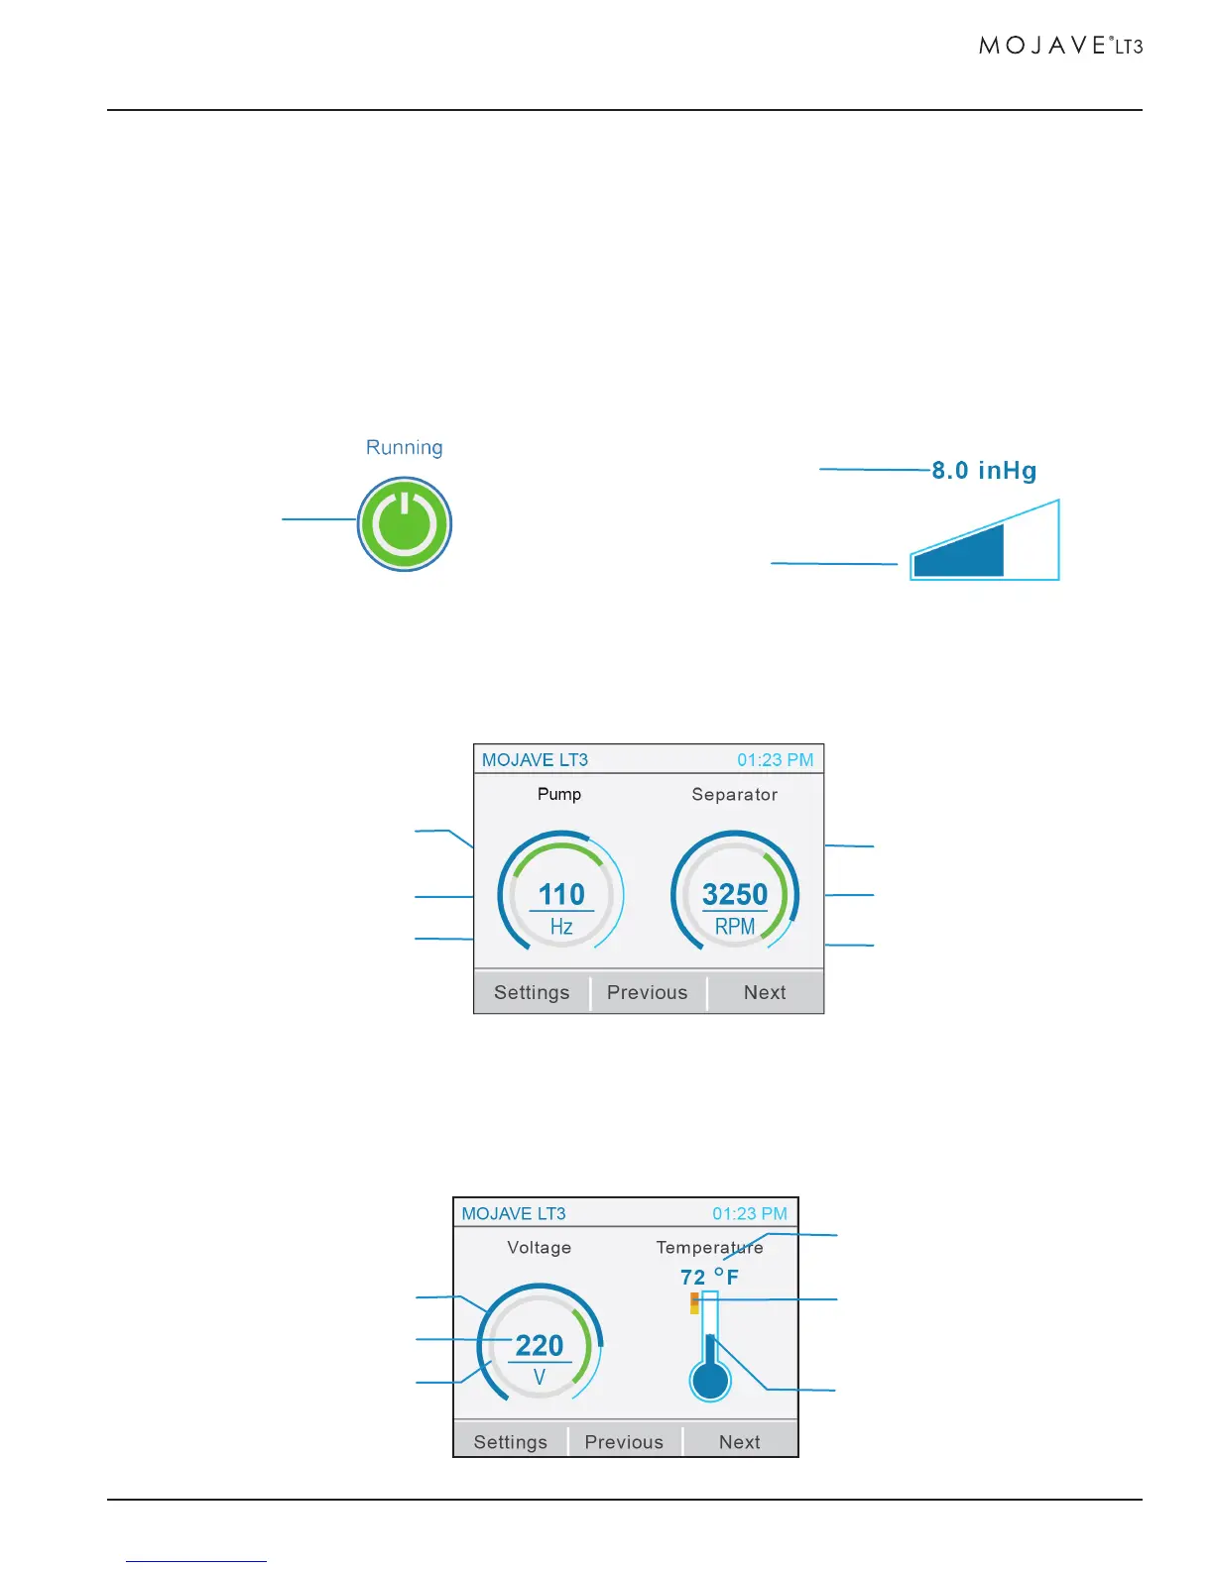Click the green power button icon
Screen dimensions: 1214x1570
tap(405, 524)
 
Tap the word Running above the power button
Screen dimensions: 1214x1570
tap(405, 447)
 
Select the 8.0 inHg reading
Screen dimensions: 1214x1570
tap(984, 470)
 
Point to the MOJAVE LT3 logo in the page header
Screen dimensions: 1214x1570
tap(1060, 46)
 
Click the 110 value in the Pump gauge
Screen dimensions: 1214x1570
tap(561, 894)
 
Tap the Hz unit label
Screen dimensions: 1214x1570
tap(561, 927)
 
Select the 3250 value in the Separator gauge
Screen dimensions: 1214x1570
tap(735, 894)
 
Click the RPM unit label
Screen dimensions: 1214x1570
tap(735, 927)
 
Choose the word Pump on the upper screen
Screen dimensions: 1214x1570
tap(559, 794)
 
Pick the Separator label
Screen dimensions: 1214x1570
tap(735, 794)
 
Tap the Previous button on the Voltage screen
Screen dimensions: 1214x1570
tap(624, 1442)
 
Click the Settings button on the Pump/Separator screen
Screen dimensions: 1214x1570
tap(532, 992)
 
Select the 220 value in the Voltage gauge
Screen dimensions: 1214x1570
tap(540, 1345)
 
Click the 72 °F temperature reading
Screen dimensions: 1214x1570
tap(709, 1277)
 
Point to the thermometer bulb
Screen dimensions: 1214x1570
tap(710, 1381)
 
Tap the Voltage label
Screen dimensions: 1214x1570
tap(540, 1247)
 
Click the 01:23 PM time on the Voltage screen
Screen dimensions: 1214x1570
tap(750, 1213)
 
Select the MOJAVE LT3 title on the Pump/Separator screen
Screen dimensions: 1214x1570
tap(535, 760)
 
